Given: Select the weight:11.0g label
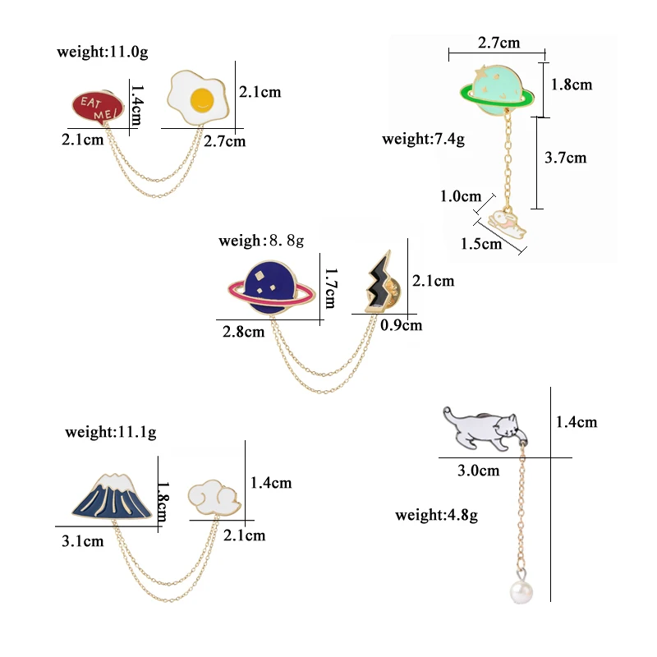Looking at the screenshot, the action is point(103,52).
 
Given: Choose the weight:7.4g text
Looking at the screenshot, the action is point(423,139).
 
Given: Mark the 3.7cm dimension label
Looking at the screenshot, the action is point(566,158).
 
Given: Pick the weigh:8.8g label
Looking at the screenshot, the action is point(261,241).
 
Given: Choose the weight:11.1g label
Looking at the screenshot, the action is point(111,431).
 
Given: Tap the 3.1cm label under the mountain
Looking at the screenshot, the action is point(82,540).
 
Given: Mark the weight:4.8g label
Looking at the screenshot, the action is point(436,516).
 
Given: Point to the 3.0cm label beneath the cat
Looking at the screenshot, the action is point(478,471).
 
